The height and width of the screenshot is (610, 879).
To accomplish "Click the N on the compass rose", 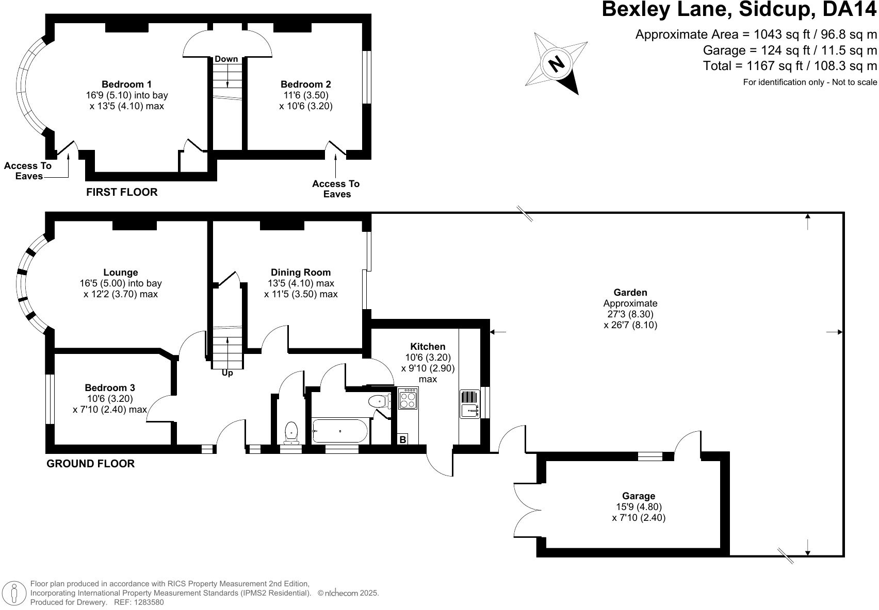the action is click(x=556, y=63).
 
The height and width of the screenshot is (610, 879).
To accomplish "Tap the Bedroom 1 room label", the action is click(x=126, y=84).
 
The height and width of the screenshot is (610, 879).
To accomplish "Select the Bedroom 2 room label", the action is click(x=306, y=84).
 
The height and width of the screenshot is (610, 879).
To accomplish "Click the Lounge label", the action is click(x=121, y=273).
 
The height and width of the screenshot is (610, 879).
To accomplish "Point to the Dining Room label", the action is click(x=301, y=273).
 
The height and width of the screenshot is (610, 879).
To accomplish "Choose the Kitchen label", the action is click(x=428, y=347).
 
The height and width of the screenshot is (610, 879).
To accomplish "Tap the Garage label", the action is click(x=639, y=496).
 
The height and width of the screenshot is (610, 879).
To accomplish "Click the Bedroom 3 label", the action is click(x=110, y=388).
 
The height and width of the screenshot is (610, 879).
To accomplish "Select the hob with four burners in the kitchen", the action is click(x=408, y=398).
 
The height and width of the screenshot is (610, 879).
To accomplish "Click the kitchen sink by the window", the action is click(x=470, y=404).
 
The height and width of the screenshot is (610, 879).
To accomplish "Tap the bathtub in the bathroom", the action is click(x=340, y=431).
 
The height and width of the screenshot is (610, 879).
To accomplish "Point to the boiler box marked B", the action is click(x=402, y=439).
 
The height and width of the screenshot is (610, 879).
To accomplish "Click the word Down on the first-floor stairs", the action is click(x=226, y=59).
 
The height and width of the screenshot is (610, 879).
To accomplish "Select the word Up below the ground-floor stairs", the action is click(x=227, y=373).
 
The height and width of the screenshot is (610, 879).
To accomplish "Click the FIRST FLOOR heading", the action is click(x=122, y=192).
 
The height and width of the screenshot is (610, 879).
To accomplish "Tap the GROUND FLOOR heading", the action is click(x=91, y=464).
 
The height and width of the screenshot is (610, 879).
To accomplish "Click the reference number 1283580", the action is click(x=149, y=602).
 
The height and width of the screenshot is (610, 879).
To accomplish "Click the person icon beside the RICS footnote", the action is click(x=14, y=593).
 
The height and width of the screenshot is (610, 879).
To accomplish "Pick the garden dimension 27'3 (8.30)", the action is click(x=630, y=314).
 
